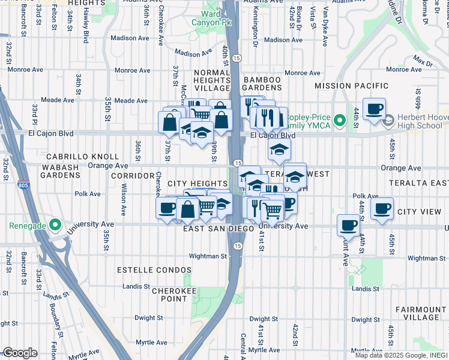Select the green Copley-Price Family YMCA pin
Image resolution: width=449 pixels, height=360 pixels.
(x=339, y=122)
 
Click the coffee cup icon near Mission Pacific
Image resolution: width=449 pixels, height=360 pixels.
(x=375, y=109)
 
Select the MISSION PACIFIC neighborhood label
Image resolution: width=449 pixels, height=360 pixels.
(x=351, y=86)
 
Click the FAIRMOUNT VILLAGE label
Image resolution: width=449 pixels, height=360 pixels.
(x=420, y=313)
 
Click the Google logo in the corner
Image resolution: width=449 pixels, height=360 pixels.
(x=20, y=353)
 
